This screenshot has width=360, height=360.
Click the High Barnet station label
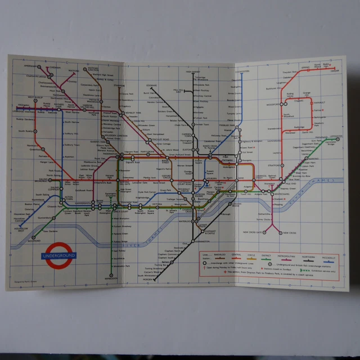pos(193,71)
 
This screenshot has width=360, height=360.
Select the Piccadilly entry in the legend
pos(331,255)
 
